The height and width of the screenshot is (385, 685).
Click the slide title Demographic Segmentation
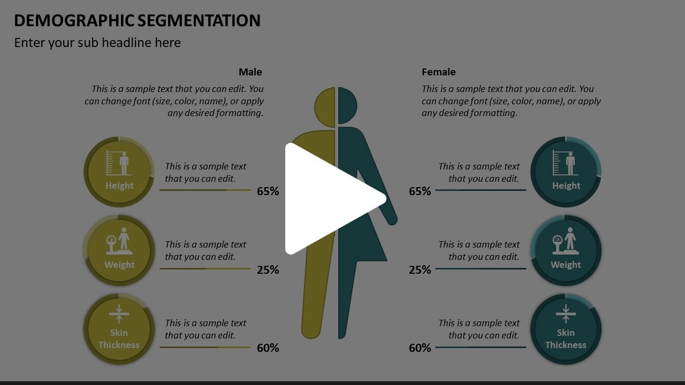point(137,20)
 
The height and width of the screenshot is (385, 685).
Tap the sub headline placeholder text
point(97,43)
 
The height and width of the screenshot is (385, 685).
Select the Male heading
point(250,72)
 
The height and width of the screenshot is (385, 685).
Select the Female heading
point(439,72)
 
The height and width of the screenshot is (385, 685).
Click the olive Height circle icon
point(119,172)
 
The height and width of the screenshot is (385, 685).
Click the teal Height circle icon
point(566,172)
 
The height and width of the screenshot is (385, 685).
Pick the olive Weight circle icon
point(119,250)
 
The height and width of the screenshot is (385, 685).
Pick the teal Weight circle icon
point(566,250)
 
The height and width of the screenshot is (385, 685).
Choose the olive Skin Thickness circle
point(119,329)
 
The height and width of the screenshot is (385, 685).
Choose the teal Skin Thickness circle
point(566,329)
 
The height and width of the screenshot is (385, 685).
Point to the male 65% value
point(268,191)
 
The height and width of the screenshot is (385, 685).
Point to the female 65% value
point(420,191)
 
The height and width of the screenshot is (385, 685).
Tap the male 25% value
point(268,269)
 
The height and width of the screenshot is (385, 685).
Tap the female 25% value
point(420,269)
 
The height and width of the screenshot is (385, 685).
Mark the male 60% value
point(268,348)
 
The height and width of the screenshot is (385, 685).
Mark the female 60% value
point(420,348)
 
